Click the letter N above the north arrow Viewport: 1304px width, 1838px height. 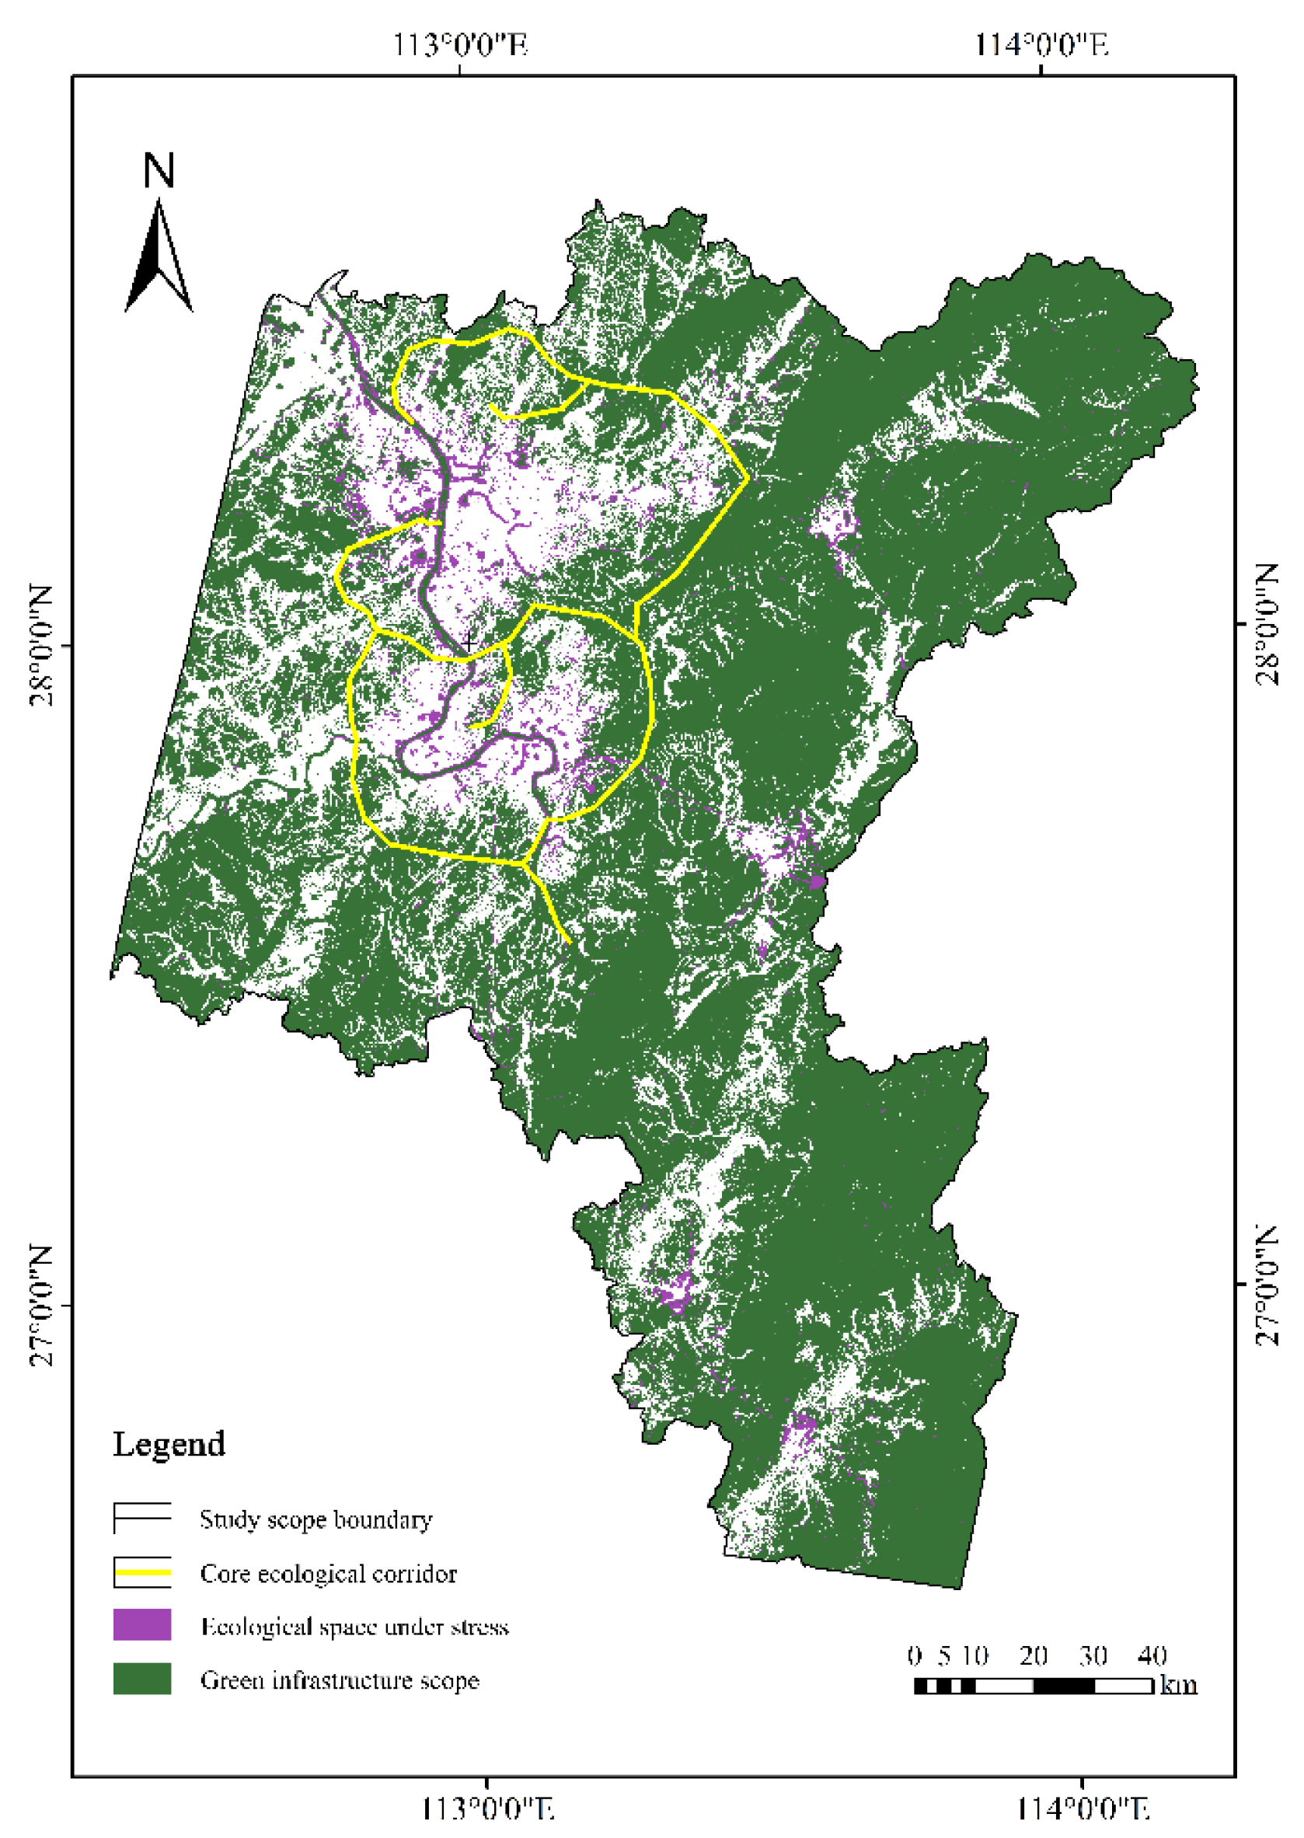click(159, 170)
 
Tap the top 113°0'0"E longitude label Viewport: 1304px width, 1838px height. click(459, 45)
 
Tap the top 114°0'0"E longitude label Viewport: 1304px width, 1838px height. click(1041, 45)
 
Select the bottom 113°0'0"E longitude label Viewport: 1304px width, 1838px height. click(488, 1808)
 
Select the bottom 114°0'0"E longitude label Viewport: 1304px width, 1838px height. click(1083, 1808)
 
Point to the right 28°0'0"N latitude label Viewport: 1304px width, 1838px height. click(1267, 624)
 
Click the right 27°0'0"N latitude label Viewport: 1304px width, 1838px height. click(1267, 1285)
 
